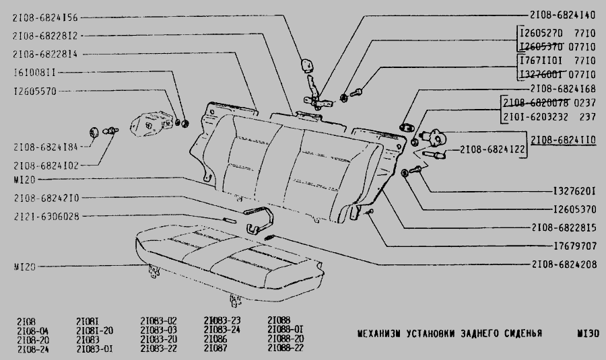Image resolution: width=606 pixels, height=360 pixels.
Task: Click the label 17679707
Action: [x=572, y=246]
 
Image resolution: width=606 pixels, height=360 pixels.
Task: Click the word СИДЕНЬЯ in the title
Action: [x=518, y=334]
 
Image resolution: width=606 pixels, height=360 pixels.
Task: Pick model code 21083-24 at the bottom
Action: [x=222, y=330]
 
